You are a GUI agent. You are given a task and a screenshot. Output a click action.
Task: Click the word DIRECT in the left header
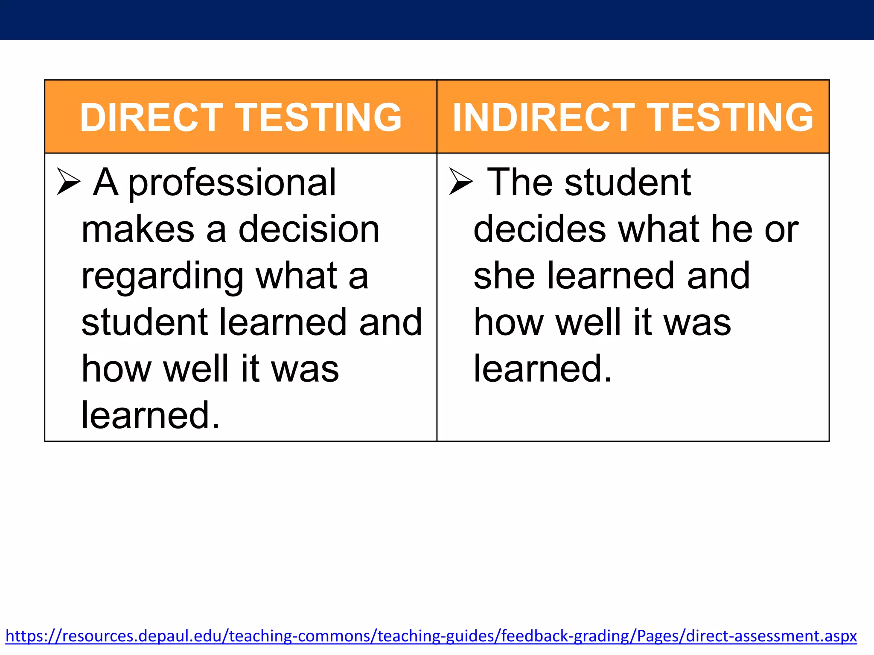151,117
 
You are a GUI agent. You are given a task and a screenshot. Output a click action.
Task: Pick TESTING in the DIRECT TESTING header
319,117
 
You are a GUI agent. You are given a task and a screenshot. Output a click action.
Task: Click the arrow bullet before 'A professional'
68,182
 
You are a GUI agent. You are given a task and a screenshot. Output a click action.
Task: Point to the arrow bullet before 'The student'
461,182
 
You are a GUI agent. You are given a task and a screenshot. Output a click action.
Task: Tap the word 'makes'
138,229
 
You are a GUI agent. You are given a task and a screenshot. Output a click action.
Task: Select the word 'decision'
309,229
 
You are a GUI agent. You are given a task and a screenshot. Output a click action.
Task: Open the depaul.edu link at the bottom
431,636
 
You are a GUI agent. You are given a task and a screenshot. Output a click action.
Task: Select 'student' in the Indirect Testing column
627,183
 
